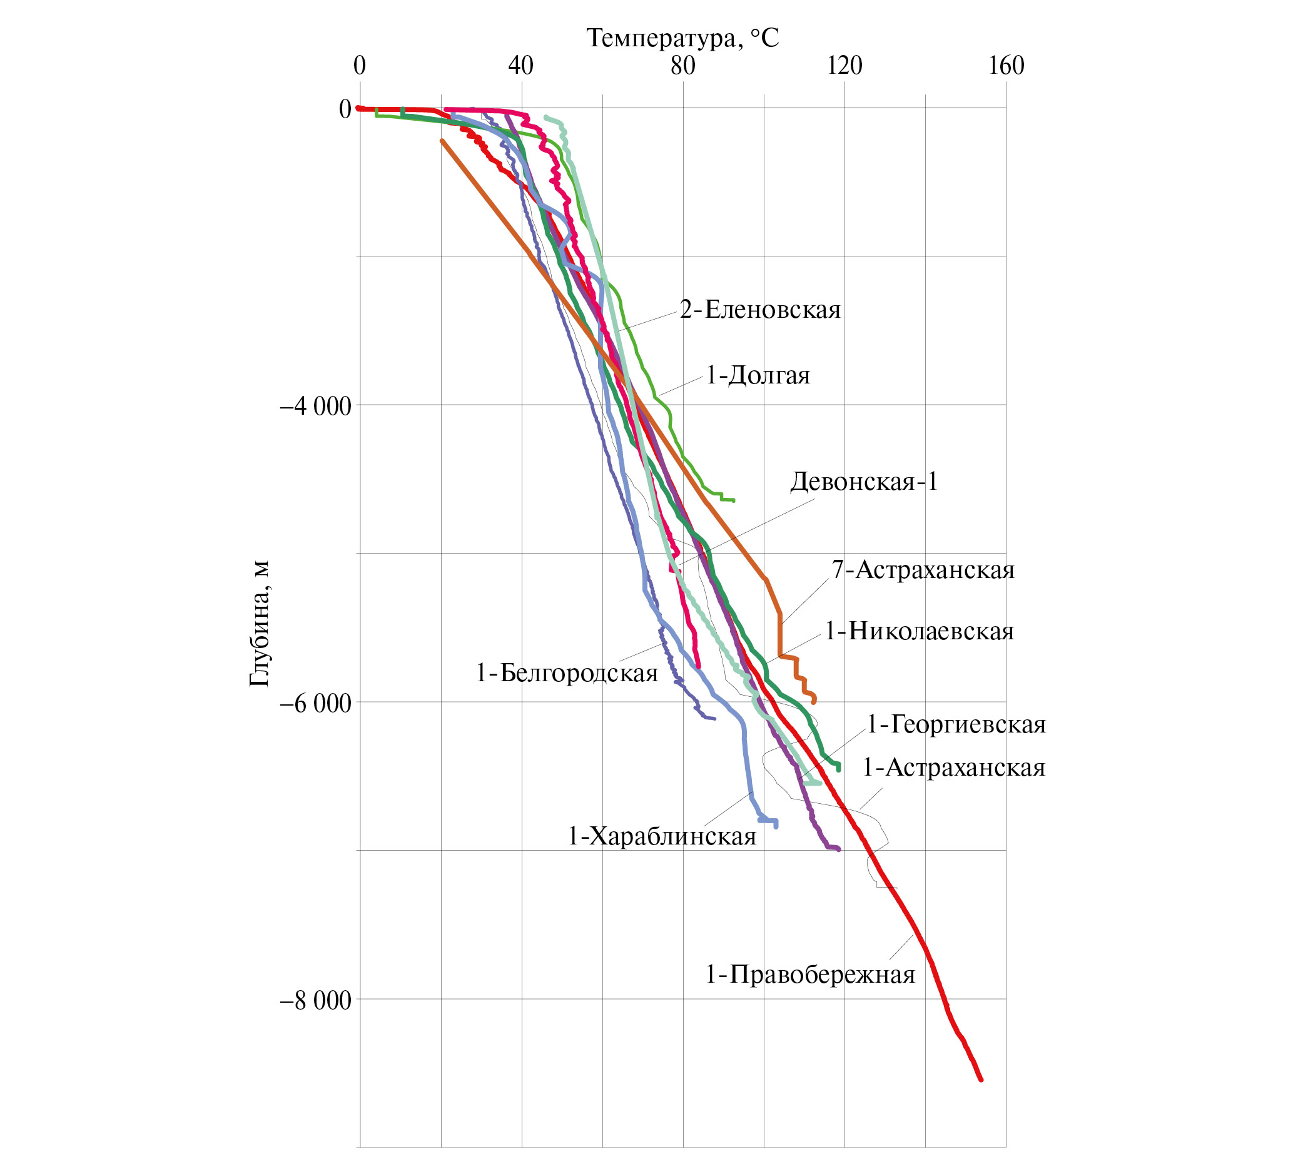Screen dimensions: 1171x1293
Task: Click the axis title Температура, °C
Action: [682, 39]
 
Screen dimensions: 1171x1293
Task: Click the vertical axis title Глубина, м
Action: [259, 624]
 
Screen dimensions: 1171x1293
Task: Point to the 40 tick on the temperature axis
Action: [521, 66]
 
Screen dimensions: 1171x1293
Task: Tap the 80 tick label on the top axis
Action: [682, 66]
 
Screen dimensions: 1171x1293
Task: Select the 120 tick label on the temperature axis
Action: [844, 66]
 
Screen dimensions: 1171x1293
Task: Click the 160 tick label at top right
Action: [1006, 66]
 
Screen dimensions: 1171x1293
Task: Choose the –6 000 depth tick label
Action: [315, 703]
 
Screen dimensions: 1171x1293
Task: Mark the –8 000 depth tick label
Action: [315, 1000]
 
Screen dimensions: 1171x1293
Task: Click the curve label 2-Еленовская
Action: [760, 310]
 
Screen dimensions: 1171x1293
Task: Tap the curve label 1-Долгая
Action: [758, 375]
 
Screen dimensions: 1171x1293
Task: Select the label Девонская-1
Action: [863, 482]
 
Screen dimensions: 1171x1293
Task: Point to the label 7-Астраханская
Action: [923, 569]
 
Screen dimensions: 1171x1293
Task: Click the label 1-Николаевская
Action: [919, 632]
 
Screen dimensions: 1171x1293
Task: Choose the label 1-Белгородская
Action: [566, 673]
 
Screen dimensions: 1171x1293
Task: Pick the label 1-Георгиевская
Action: [956, 724]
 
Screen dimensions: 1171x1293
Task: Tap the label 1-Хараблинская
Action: [662, 836]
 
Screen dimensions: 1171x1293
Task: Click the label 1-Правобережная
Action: [810, 974]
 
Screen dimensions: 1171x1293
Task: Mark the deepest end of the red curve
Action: [981, 1080]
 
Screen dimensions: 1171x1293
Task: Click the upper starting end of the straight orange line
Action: [441, 141]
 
